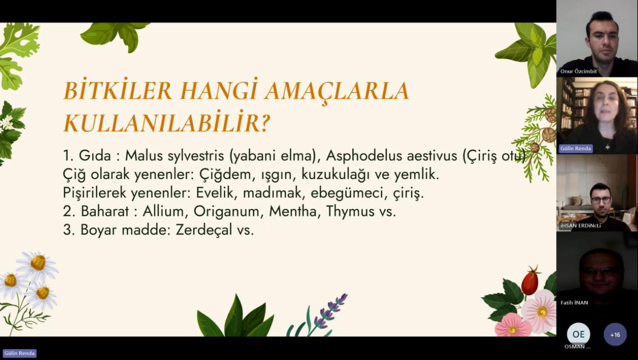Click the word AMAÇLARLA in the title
pyautogui.click(x=337, y=91)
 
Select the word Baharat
pyautogui.click(x=105, y=211)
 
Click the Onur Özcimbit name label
pyautogui.click(x=578, y=71)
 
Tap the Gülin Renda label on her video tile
pyautogui.click(x=575, y=149)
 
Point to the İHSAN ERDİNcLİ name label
pyautogui.click(x=580, y=226)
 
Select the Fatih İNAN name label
pyautogui.click(x=574, y=303)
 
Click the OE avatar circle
pyautogui.click(x=578, y=334)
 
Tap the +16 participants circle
pyautogui.click(x=615, y=335)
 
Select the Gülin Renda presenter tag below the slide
pyautogui.click(x=20, y=353)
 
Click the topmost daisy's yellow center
pyautogui.click(x=38, y=262)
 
